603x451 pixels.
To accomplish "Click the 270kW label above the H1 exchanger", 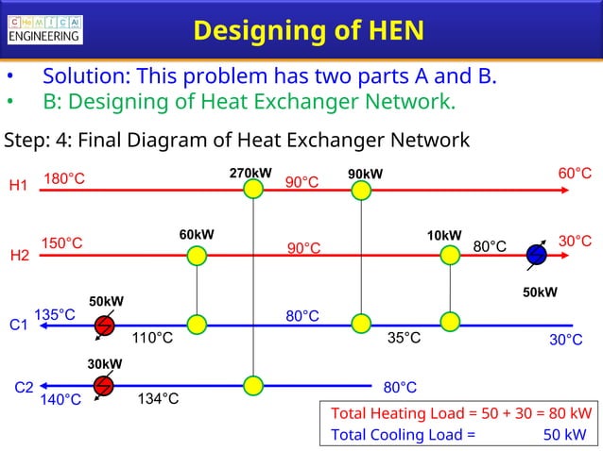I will click(250, 174).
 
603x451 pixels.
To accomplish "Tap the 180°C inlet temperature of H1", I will click(64, 178).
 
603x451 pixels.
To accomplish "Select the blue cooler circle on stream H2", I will click(536, 255).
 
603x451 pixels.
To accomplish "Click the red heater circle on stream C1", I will click(105, 326).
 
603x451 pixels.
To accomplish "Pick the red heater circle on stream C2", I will click(104, 385).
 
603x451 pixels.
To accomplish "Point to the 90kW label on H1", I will click(365, 175).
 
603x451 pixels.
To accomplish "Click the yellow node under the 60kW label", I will click(197, 256).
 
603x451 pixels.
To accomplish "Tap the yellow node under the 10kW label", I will click(450, 256).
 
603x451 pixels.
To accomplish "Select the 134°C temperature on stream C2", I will click(158, 399).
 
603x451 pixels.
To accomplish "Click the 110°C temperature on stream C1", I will click(152, 338).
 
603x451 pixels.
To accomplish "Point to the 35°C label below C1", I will click(404, 338).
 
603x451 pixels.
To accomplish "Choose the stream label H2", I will click(19, 256).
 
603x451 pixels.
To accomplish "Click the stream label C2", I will click(25, 387).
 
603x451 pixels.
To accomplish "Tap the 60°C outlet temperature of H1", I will click(575, 174).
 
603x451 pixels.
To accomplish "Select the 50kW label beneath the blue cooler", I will click(541, 292).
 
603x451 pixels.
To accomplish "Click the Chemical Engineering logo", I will click(44, 28).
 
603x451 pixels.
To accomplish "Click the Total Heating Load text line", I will click(461, 413).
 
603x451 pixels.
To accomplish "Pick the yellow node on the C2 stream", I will click(252, 385).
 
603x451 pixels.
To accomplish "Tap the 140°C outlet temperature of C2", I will click(60, 400).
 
